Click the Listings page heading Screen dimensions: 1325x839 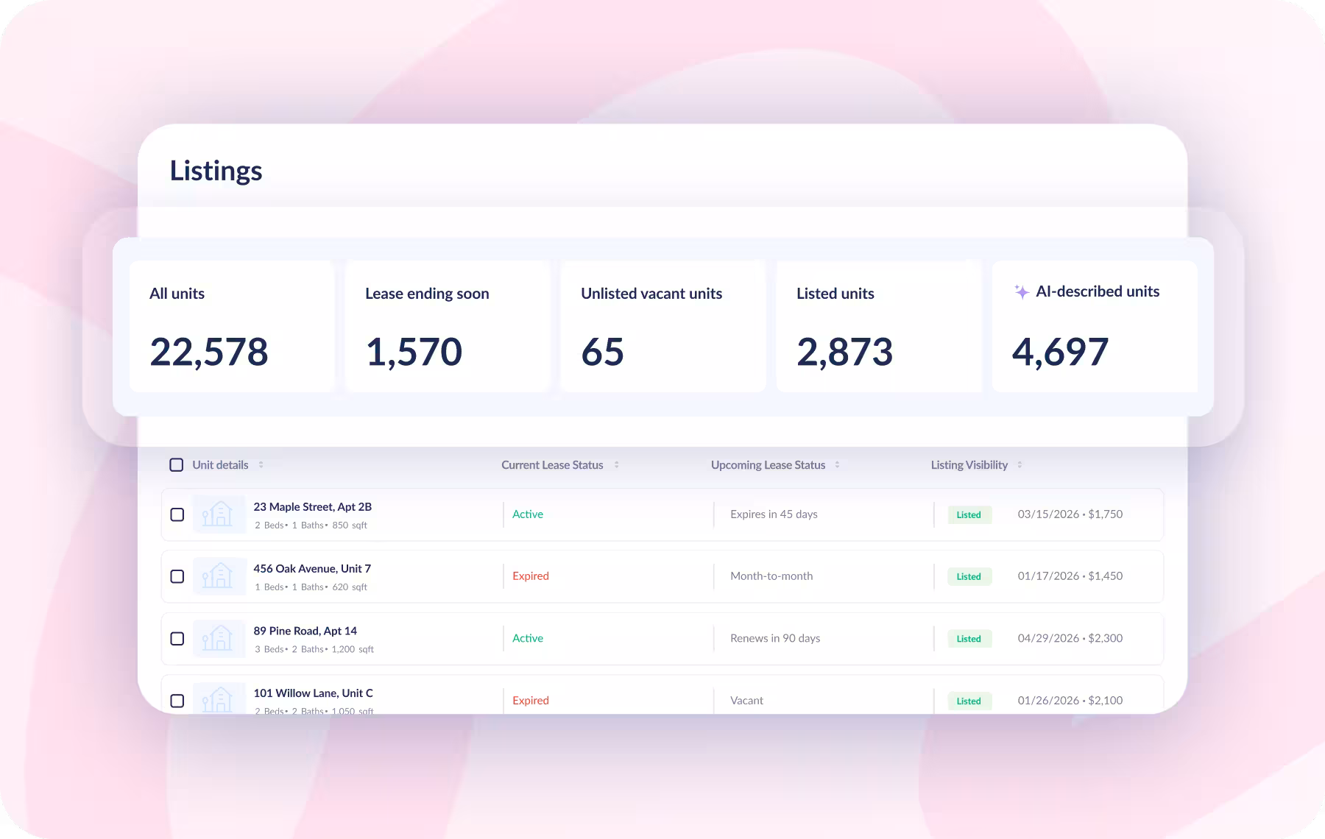point(216,171)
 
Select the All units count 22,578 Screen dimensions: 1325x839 point(209,352)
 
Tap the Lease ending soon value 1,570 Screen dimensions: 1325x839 point(414,352)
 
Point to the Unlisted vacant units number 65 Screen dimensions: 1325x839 point(602,352)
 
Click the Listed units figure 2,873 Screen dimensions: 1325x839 point(844,352)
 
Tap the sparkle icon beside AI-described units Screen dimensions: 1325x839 point(1022,291)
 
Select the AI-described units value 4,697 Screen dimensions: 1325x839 point(1060,352)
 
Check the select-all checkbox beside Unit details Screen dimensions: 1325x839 point(177,465)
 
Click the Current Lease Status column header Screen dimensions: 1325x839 point(552,465)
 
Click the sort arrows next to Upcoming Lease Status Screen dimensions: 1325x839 point(837,465)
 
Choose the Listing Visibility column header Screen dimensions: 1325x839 point(969,465)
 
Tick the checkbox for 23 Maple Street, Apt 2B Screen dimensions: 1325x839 point(177,514)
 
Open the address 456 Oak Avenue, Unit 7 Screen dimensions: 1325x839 point(312,569)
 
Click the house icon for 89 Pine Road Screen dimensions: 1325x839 point(218,638)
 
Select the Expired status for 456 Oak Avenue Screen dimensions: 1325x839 point(531,576)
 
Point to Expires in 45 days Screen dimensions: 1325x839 point(774,514)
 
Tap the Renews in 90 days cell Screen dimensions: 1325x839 point(775,639)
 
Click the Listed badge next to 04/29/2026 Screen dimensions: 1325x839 point(969,639)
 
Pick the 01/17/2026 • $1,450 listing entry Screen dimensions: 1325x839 point(1070,576)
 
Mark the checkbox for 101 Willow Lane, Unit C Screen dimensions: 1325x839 point(177,701)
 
